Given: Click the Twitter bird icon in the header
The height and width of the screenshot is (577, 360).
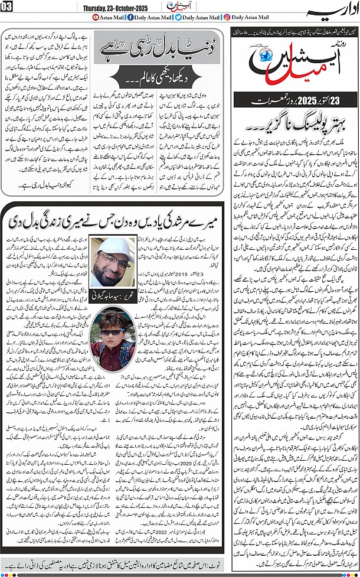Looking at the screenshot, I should tap(178, 18).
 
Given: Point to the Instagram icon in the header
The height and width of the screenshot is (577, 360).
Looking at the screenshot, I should tap(227, 18).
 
